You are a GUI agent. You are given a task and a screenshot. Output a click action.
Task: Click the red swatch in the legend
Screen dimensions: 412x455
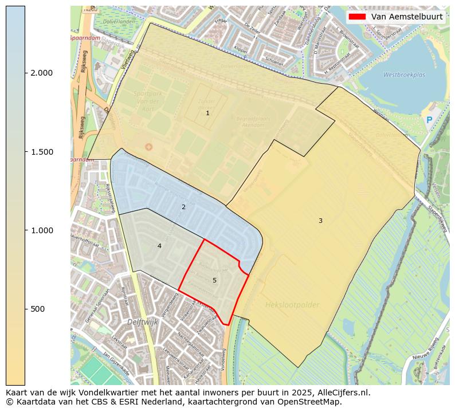click(356, 17)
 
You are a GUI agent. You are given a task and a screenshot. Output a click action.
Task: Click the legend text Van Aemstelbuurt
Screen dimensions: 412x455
click(406, 17)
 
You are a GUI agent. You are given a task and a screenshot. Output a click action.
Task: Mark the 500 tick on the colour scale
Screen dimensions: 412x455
click(37, 309)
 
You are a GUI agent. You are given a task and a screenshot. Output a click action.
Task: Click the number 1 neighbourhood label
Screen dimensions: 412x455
click(207, 113)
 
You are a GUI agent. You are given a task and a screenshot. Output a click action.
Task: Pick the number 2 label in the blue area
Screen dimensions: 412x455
click(183, 207)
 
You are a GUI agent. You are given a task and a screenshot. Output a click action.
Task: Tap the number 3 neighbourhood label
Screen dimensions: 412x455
click(320, 221)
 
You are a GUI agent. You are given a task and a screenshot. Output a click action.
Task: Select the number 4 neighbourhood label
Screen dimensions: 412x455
click(159, 246)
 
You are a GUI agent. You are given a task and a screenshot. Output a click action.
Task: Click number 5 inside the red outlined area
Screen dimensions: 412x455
click(214, 280)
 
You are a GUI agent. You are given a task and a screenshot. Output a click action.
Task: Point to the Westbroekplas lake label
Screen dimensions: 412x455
click(404, 75)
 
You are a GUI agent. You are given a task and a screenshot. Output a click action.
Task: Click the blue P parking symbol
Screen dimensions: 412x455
click(429, 120)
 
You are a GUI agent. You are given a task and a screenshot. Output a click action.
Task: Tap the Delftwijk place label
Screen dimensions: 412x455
click(143, 322)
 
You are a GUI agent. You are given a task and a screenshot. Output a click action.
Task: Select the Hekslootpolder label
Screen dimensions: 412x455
click(292, 305)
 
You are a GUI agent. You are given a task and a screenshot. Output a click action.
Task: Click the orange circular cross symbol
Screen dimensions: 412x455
click(149, 147)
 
